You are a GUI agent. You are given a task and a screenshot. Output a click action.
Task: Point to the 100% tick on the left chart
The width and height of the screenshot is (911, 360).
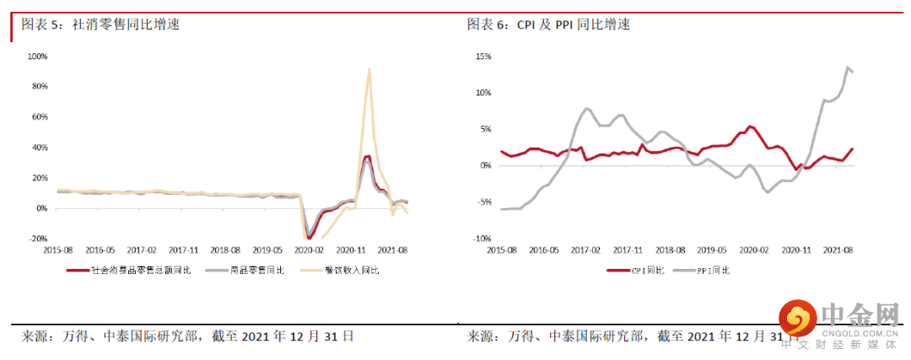pos(38,56)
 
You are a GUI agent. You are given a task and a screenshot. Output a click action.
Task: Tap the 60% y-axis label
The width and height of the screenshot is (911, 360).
pos(40,117)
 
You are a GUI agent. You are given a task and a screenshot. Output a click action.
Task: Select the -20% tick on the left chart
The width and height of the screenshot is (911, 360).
pos(39,239)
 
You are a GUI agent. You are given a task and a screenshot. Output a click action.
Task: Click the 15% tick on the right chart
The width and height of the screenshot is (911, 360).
pos(483,56)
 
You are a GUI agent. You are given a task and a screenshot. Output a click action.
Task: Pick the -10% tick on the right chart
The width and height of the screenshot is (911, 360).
pos(482,239)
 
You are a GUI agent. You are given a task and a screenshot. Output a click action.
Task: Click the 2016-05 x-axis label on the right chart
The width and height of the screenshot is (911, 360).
pos(544,250)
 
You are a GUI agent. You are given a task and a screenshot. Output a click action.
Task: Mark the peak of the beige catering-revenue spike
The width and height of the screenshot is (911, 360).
pos(369,69)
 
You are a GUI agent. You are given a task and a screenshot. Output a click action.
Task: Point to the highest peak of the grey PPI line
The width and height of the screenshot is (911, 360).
pos(847,67)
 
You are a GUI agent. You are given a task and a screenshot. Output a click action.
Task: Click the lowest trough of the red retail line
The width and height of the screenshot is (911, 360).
pos(310,238)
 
